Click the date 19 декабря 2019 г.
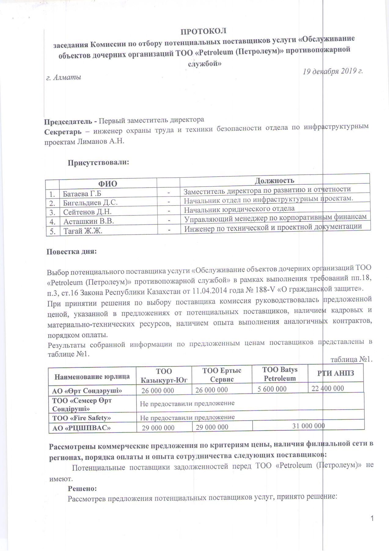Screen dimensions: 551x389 [332, 72]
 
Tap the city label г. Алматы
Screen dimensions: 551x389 [64, 77]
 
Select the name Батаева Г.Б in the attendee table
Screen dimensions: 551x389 [82, 194]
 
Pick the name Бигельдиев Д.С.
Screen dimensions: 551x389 [90, 203]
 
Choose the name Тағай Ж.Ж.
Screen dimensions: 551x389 [83, 231]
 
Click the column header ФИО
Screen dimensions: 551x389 [107, 184]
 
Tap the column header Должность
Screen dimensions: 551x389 [274, 180]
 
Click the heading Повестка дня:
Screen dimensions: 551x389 [72, 252]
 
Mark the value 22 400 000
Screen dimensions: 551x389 [328, 388]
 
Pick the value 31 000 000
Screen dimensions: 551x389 [308, 425]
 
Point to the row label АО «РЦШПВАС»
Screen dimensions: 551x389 [82, 428]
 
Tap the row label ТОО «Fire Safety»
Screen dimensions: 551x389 [82, 418]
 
